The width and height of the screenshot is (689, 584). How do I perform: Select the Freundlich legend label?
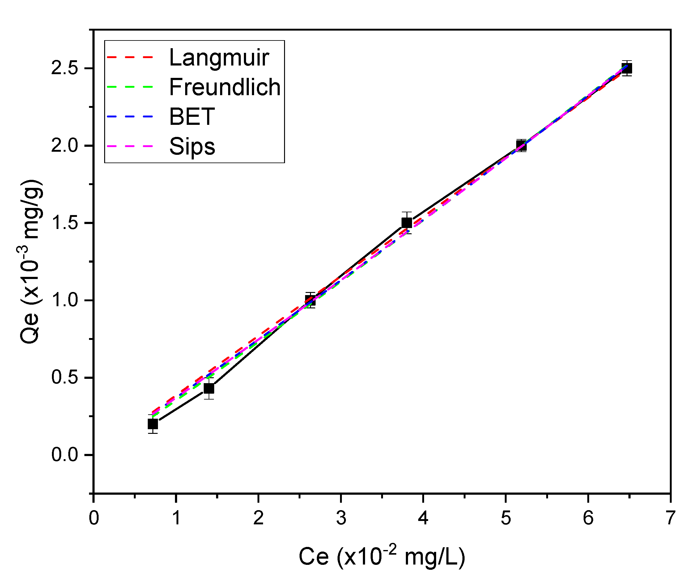[225, 87]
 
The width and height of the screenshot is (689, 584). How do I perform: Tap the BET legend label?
[192, 116]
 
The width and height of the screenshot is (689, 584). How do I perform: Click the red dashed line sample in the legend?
[130, 57]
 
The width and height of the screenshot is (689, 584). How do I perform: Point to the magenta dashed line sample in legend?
[130, 146]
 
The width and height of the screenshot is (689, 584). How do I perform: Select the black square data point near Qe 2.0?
[521, 146]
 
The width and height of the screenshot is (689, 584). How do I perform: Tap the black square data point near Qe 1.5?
[407, 223]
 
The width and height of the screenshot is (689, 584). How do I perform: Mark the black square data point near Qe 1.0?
[310, 300]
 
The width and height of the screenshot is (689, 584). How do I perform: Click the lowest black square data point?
[153, 424]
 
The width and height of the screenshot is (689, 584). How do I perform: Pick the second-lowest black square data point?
[209, 388]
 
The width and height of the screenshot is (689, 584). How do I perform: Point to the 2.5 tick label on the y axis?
[64, 68]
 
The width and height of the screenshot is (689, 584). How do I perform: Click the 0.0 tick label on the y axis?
[64, 455]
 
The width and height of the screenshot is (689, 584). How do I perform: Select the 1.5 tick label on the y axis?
[64, 223]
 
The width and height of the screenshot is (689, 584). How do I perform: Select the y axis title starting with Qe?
[31, 261]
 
